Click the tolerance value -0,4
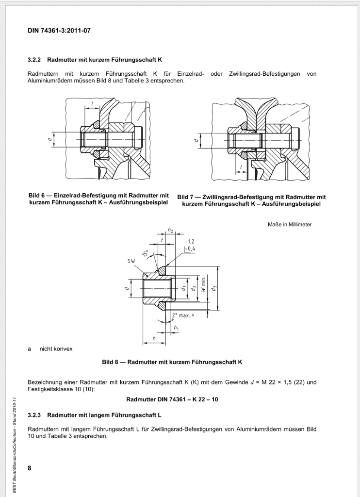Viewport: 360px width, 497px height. (x=189, y=248)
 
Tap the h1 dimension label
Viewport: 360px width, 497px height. (x=176, y=329)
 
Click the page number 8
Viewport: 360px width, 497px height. (x=30, y=468)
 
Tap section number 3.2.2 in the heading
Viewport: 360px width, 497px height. (x=36, y=60)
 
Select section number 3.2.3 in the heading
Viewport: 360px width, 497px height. (x=36, y=415)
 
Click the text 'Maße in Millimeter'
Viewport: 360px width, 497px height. (x=289, y=224)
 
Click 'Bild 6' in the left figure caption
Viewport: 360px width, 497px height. (x=38, y=196)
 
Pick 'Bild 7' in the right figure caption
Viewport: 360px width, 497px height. (x=187, y=197)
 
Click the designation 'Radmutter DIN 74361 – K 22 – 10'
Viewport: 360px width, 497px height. (x=172, y=400)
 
